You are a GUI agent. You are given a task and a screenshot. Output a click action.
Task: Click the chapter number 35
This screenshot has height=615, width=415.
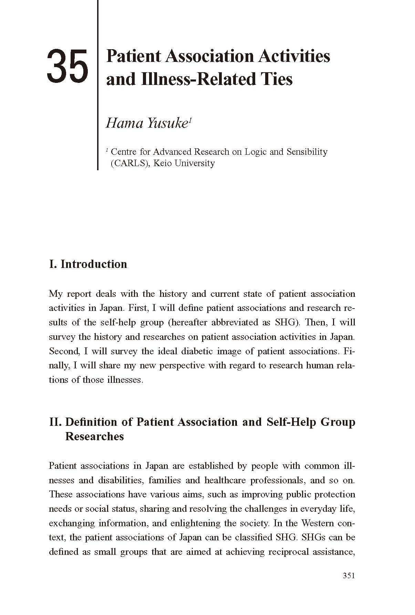(68, 66)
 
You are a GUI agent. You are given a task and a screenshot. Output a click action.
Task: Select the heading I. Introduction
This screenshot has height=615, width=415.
(88, 264)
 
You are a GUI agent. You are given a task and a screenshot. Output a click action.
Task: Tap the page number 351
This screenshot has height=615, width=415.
(349, 576)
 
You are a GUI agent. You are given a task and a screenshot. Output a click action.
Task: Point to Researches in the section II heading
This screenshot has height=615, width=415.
(94, 436)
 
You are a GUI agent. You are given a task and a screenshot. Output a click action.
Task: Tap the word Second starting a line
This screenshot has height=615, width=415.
(64, 351)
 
